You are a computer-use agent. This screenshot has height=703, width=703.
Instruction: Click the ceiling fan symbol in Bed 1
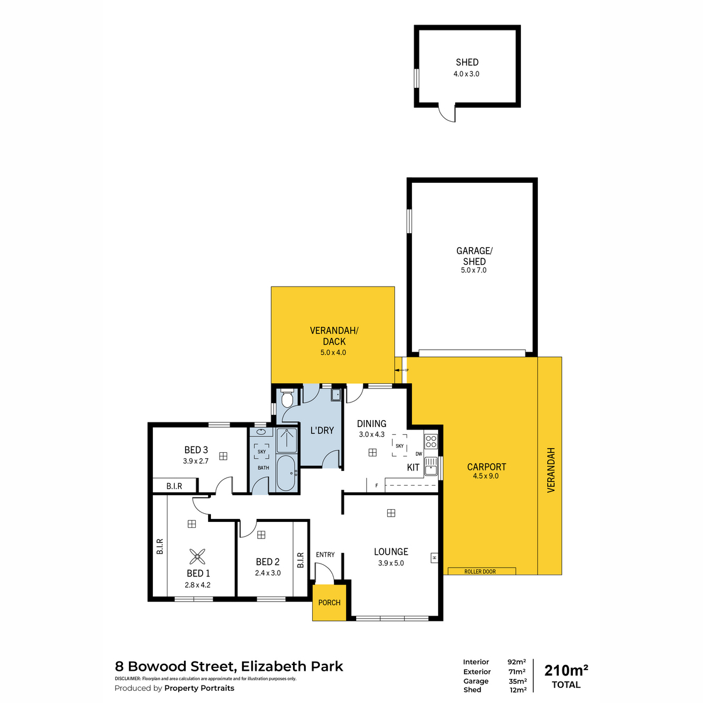pyautogui.click(x=197, y=557)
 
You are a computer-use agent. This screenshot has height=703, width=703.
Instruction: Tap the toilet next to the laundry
pyautogui.click(x=287, y=398)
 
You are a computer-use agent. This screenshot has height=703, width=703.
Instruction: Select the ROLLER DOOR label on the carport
pyautogui.click(x=480, y=571)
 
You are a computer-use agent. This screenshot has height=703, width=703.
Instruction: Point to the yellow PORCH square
pyautogui.click(x=329, y=602)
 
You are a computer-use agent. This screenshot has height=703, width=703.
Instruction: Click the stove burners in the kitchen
pyautogui.click(x=431, y=441)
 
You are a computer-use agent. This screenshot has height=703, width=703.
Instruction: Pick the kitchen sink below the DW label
pyautogui.click(x=431, y=466)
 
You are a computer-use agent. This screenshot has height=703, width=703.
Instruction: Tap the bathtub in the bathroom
pyautogui.click(x=286, y=473)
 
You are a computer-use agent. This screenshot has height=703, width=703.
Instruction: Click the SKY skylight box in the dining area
pyautogui.click(x=400, y=445)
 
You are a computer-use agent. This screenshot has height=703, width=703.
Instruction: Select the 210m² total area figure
pyautogui.click(x=566, y=671)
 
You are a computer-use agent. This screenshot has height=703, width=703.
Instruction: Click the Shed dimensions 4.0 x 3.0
pyautogui.click(x=466, y=74)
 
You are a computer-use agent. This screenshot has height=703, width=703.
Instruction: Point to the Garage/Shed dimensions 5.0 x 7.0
pyautogui.click(x=473, y=270)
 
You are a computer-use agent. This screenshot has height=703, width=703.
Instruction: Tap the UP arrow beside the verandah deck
pyautogui.click(x=401, y=370)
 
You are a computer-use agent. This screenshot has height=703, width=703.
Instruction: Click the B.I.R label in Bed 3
pyautogui.click(x=174, y=486)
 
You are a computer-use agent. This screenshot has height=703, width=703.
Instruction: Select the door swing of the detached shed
pyautogui.click(x=447, y=113)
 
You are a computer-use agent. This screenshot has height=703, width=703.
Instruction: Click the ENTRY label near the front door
pyautogui.click(x=325, y=555)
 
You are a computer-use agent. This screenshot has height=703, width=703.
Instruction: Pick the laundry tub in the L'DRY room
pyautogui.click(x=336, y=395)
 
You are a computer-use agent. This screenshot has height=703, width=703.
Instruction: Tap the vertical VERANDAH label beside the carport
pyautogui.click(x=551, y=470)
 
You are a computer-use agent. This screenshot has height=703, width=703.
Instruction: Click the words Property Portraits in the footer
pyautogui.click(x=199, y=688)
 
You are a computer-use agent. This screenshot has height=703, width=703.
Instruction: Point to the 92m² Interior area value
pyautogui.click(x=517, y=662)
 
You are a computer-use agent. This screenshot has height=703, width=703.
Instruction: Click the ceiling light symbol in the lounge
pyautogui.click(x=391, y=513)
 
